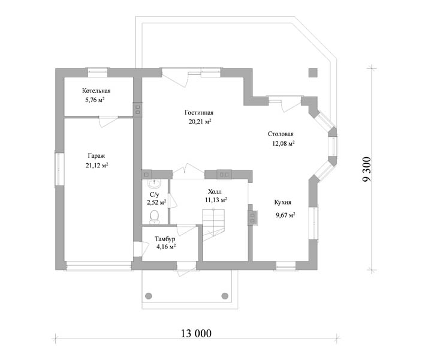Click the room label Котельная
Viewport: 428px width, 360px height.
tap(96, 91)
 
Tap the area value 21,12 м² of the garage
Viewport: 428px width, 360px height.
tap(97, 165)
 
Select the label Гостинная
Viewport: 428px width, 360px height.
tap(199, 113)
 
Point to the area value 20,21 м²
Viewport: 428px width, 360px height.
tap(200, 122)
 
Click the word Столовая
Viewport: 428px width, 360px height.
tap(281, 134)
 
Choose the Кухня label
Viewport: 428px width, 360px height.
tap(283, 202)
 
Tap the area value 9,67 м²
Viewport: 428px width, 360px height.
tap(285, 215)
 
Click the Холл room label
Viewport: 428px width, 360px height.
tap(215, 191)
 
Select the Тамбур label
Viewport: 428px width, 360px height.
tap(165, 239)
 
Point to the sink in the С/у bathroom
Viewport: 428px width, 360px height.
tap(155, 184)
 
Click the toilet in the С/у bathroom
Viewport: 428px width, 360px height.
tap(155, 217)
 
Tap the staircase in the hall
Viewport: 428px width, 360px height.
tap(213, 224)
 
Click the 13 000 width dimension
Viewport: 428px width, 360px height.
tap(196, 334)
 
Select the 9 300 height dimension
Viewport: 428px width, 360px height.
tap(367, 169)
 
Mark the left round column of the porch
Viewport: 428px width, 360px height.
tap(149, 296)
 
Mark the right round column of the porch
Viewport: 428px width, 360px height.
tap(225, 296)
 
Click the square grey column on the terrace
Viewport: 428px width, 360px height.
tap(313, 73)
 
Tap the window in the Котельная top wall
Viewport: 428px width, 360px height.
tap(98, 73)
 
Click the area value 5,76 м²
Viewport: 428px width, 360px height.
tap(95, 100)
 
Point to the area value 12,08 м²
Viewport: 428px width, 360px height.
tap(284, 143)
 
